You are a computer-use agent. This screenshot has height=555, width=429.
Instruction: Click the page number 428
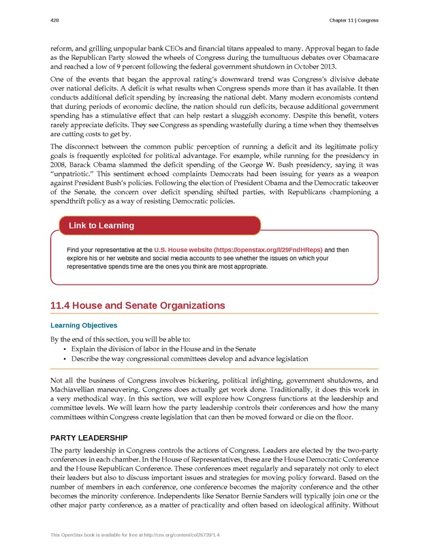tap(54, 21)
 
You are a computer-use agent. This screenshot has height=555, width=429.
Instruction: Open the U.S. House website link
tap(238, 250)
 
